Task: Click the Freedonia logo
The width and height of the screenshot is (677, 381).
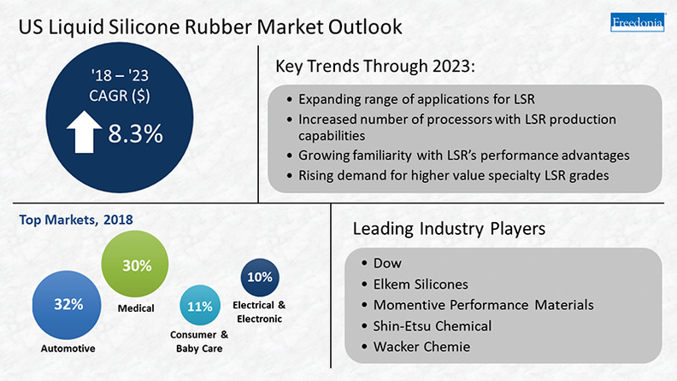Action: click(638, 22)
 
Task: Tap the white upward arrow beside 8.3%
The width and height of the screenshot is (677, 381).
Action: click(84, 132)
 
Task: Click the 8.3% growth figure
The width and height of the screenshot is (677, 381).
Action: click(135, 133)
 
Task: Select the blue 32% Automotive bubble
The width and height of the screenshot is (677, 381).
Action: click(67, 305)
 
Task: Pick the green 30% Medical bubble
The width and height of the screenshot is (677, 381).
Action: click(135, 264)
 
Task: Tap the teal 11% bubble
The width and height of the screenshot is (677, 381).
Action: click(200, 305)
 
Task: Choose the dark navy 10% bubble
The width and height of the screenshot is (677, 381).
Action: click(260, 278)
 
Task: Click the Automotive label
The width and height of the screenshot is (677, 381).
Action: click(68, 349)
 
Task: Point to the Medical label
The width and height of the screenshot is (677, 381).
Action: click(136, 308)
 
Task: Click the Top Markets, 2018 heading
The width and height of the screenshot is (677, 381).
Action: click(76, 220)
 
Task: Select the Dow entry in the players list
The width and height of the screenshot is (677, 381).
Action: click(387, 263)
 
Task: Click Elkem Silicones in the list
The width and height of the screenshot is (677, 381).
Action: click(421, 284)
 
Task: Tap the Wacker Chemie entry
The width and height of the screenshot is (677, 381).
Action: click(421, 347)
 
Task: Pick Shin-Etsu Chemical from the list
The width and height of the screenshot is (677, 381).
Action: click(433, 325)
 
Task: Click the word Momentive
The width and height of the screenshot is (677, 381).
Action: click(408, 305)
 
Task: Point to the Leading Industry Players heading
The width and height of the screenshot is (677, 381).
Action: click(449, 229)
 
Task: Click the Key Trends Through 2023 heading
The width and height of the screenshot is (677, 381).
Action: click(375, 67)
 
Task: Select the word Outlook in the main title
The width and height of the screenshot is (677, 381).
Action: click(365, 26)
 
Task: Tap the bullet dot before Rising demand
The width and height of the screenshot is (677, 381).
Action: click(289, 176)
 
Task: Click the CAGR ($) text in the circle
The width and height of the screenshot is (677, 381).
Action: click(120, 96)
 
